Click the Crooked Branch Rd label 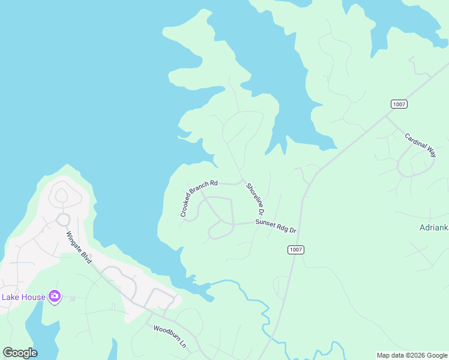click(x=199, y=198)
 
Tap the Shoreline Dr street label click(x=255, y=199)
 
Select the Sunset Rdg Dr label click(x=276, y=226)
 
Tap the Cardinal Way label click(x=420, y=145)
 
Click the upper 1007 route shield click(x=399, y=104)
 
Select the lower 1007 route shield click(x=295, y=250)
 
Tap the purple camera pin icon click(x=55, y=296)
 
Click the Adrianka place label click(x=433, y=228)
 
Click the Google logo click(x=20, y=353)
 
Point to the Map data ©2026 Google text click(x=412, y=355)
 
